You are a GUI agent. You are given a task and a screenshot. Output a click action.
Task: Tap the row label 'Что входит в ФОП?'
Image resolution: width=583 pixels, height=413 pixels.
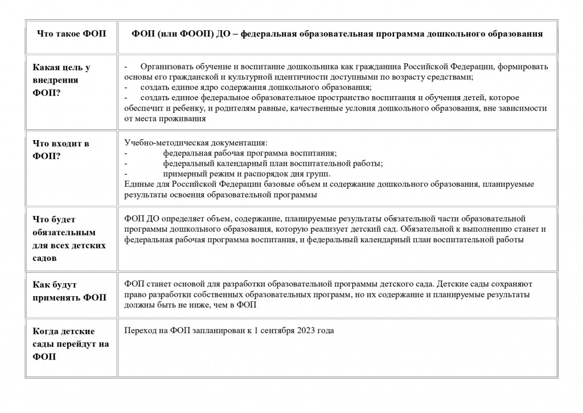coord(61,150)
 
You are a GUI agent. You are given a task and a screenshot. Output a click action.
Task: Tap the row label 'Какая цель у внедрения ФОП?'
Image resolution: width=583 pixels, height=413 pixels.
coord(61,80)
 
